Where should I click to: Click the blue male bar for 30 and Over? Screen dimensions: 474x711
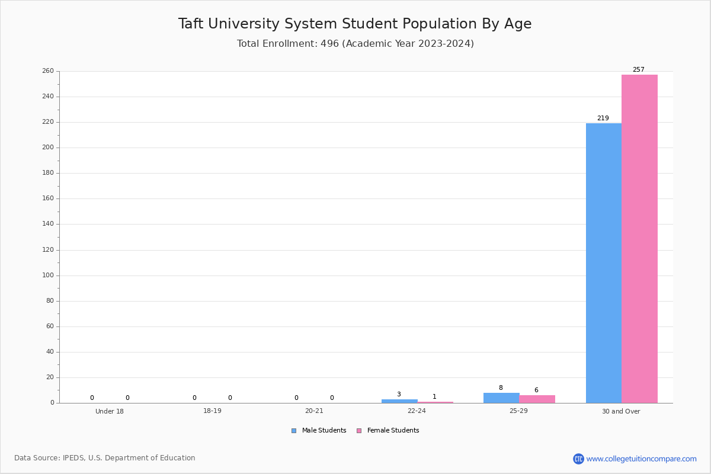pyautogui.click(x=603, y=263)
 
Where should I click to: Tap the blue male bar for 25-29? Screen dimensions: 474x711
pyautogui.click(x=501, y=398)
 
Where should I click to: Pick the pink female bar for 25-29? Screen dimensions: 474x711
pyautogui.click(x=537, y=399)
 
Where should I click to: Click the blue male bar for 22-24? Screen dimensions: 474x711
pyautogui.click(x=399, y=401)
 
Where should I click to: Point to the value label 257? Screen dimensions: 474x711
pyautogui.click(x=638, y=69)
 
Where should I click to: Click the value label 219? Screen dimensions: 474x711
pyautogui.click(x=603, y=118)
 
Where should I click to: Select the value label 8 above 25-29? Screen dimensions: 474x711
pyautogui.click(x=501, y=387)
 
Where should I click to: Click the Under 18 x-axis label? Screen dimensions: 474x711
pyautogui.click(x=110, y=411)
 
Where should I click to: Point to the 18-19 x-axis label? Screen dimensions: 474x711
pyautogui.click(x=212, y=411)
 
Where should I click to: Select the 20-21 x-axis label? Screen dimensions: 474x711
pyautogui.click(x=314, y=411)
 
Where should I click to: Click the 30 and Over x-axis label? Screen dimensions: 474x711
pyautogui.click(x=621, y=411)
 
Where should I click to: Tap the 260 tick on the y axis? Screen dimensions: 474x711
pyautogui.click(x=48, y=71)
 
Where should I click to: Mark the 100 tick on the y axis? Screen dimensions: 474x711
pyautogui.click(x=48, y=276)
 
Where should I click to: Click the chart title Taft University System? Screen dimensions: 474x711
pyautogui.click(x=355, y=24)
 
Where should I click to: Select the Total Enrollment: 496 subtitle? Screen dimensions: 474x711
pyautogui.click(x=355, y=44)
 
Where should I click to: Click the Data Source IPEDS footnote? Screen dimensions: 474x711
pyautogui.click(x=105, y=458)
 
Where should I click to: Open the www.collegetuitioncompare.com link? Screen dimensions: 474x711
pyautogui.click(x=641, y=459)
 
